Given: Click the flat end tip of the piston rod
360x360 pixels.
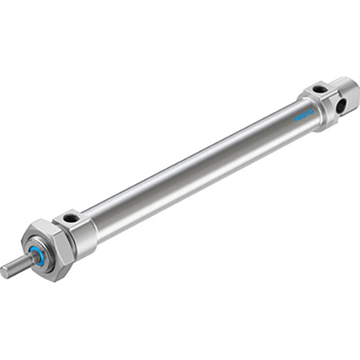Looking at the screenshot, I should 4,273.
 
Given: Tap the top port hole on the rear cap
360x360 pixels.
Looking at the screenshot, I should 319,89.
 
